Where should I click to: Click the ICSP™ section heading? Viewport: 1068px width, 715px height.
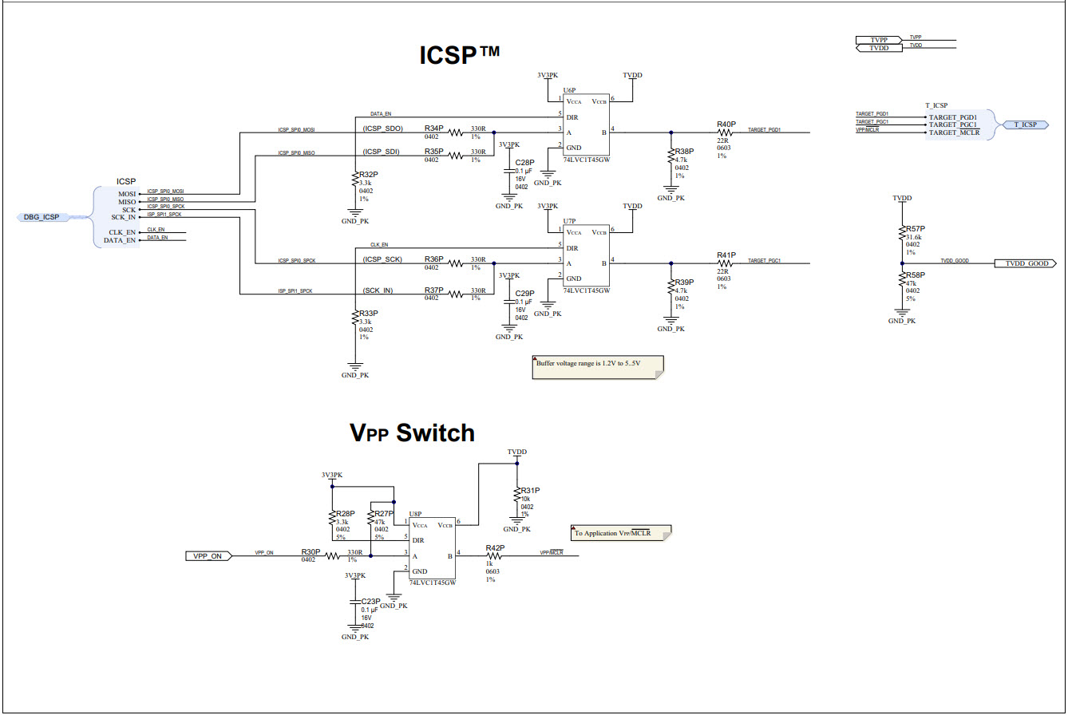coord(460,56)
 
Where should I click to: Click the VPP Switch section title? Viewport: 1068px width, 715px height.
coord(413,433)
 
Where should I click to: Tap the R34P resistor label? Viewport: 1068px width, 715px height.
coord(434,128)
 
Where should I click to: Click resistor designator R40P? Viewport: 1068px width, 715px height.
coord(726,124)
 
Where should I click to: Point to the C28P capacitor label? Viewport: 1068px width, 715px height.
coord(524,162)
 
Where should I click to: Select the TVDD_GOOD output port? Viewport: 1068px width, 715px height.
coord(1026,263)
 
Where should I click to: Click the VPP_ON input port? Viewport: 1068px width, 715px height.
coord(208,555)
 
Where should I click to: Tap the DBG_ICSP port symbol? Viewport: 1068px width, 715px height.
coord(43,217)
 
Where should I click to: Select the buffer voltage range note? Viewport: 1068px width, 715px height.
coord(598,364)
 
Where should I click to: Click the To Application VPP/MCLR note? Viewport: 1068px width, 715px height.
coord(621,532)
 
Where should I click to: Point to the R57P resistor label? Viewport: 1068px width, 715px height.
coord(915,229)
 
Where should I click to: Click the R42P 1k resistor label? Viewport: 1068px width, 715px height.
coord(495,547)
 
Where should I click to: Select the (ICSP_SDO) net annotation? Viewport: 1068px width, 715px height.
coord(382,128)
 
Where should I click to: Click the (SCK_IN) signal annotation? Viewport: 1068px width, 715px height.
coord(377,290)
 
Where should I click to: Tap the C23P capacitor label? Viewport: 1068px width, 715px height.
coord(370,601)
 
